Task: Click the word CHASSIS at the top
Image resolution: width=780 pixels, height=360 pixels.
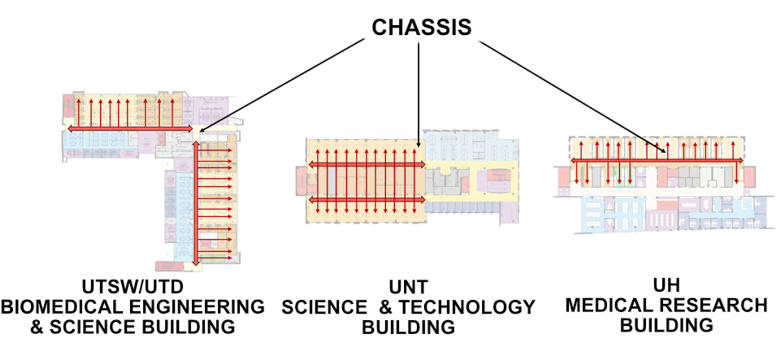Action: pyautogui.click(x=421, y=28)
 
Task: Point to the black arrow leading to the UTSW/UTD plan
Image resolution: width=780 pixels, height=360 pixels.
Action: pyautogui.click(x=282, y=85)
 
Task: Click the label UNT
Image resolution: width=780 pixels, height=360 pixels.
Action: pyautogui.click(x=408, y=287)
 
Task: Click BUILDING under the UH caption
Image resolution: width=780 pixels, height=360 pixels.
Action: pyautogui.click(x=666, y=325)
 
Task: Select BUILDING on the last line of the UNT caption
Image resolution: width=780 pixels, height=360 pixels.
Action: pyautogui.click(x=408, y=328)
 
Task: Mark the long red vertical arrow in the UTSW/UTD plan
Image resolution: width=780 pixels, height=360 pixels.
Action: pyautogui.click(x=194, y=204)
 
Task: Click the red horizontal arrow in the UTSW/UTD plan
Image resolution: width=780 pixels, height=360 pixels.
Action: pyautogui.click(x=130, y=128)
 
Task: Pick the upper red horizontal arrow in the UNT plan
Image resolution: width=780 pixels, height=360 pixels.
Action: pyautogui.click(x=367, y=164)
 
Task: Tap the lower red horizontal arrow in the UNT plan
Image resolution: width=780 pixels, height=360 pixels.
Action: pyautogui.click(x=367, y=199)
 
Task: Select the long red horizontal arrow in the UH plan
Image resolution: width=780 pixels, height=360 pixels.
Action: pyautogui.click(x=656, y=160)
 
